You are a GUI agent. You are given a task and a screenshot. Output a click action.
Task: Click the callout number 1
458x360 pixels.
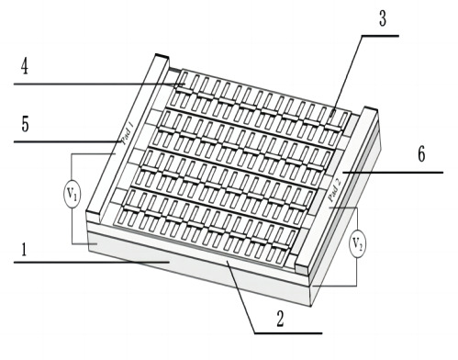coord(24,249)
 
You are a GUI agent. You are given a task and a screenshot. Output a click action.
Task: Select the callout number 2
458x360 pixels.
coord(280,319)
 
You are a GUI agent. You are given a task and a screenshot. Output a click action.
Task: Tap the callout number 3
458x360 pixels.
coord(383,18)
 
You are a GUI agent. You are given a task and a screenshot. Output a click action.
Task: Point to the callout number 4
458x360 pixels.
coord(25,66)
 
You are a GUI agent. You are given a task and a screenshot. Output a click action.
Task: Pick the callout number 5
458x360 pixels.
coord(25,124)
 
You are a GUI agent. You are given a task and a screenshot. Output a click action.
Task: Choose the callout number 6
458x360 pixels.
coord(421,154)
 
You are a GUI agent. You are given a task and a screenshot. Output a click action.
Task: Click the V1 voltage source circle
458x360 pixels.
coord(73,195)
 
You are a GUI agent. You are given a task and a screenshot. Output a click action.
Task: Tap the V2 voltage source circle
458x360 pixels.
coord(358,243)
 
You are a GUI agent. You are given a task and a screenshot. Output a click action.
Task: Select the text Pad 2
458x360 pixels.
coord(334,190)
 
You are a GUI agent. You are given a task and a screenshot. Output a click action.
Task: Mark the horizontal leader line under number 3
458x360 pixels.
coord(380,36)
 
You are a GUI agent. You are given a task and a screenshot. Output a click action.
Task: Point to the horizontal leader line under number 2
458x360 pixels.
coord(288,333)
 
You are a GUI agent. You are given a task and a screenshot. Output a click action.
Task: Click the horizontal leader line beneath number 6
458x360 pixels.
coord(393,173)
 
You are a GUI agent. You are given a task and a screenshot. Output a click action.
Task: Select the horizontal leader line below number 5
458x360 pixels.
coord(68,141)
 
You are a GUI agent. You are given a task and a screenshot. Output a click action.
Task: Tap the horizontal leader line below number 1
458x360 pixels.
coord(92,263)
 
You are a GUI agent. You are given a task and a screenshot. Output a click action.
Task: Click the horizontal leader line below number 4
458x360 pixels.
coord(99,84)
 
